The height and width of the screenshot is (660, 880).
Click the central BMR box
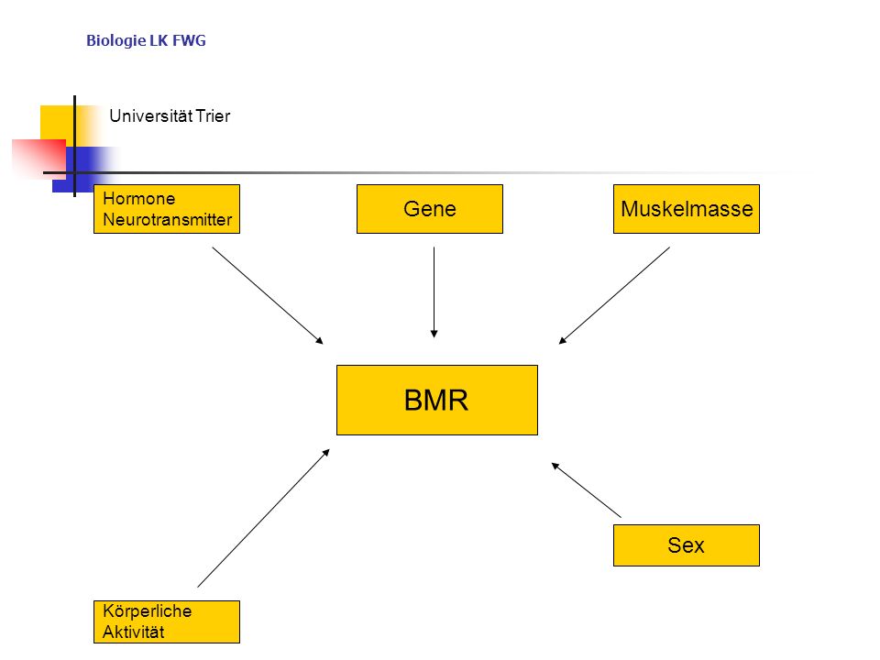(x=437, y=401)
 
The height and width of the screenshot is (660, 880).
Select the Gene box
(x=430, y=209)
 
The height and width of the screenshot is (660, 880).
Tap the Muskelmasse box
(x=687, y=209)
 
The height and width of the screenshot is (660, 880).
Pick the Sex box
(x=687, y=544)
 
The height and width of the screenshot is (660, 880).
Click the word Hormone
(x=139, y=199)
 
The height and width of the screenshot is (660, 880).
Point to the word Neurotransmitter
(x=167, y=219)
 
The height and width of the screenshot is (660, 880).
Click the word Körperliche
(x=147, y=610)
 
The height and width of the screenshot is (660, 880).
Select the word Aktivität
(x=134, y=632)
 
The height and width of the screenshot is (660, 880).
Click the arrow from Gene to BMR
(x=434, y=291)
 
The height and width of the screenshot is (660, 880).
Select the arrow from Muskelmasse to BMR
(x=614, y=295)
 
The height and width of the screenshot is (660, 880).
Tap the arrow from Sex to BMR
(x=587, y=489)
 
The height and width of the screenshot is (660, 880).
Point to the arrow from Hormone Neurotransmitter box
(x=268, y=295)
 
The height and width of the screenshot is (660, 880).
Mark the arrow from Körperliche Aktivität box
(x=263, y=518)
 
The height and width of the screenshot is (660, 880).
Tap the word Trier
(x=213, y=116)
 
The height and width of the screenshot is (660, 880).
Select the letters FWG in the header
(x=189, y=40)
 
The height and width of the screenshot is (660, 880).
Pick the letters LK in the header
(x=159, y=40)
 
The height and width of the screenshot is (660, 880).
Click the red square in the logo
(x=38, y=159)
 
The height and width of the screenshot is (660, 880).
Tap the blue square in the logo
(x=84, y=170)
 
